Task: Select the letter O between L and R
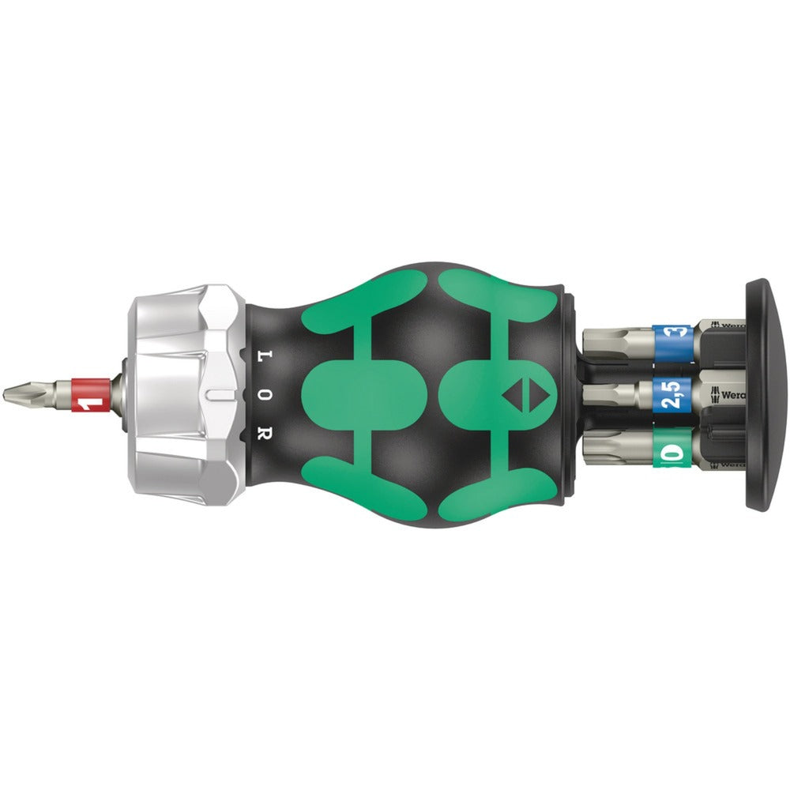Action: coord(266,394)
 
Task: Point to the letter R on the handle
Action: coord(266,433)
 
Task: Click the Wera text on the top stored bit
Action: coord(731,325)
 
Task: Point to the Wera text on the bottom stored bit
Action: coord(731,465)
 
